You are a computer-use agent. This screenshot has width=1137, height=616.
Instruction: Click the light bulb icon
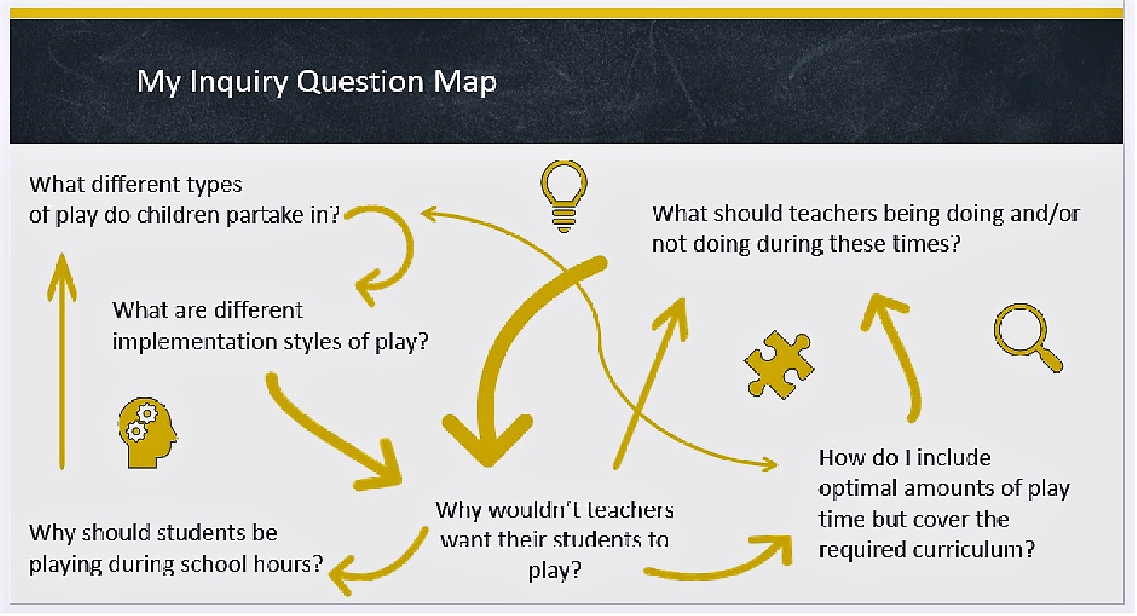[x=563, y=196]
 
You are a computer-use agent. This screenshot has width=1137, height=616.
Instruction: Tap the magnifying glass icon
[x=1027, y=335]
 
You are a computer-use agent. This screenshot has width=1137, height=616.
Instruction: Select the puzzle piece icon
[x=778, y=364]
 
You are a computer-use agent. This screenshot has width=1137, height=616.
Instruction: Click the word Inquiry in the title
[x=238, y=81]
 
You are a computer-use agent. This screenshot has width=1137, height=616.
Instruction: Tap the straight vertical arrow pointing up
[x=62, y=359]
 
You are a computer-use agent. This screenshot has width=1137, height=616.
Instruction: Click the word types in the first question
[x=211, y=185]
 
